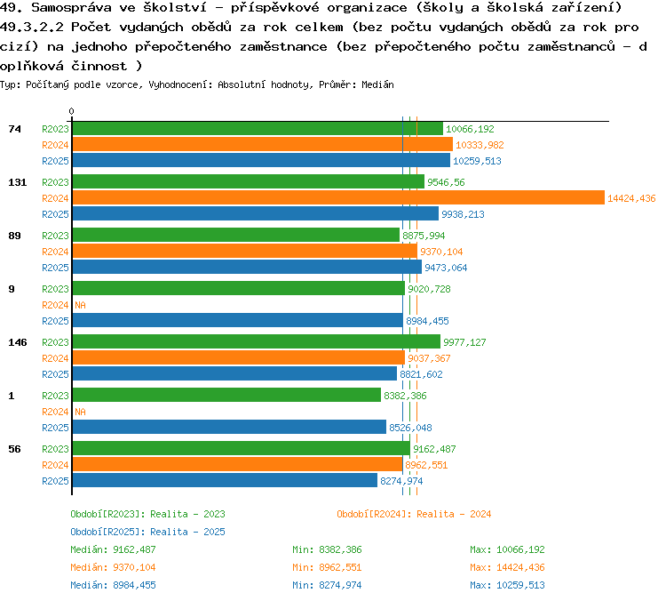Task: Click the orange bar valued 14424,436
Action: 337,198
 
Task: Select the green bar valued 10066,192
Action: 257,129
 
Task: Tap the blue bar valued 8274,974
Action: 224,481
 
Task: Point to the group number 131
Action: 18,182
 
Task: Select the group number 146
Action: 18,342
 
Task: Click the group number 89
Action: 14,236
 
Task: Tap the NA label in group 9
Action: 80,305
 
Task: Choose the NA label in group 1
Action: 80,412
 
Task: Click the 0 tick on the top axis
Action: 72,112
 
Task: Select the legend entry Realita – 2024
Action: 414,514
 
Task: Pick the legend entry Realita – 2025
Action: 147,532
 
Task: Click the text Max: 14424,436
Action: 507,567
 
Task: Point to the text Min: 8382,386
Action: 327,549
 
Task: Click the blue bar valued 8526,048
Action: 228,428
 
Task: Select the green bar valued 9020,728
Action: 238,289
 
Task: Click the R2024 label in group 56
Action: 55,465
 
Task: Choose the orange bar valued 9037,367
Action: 238,358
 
